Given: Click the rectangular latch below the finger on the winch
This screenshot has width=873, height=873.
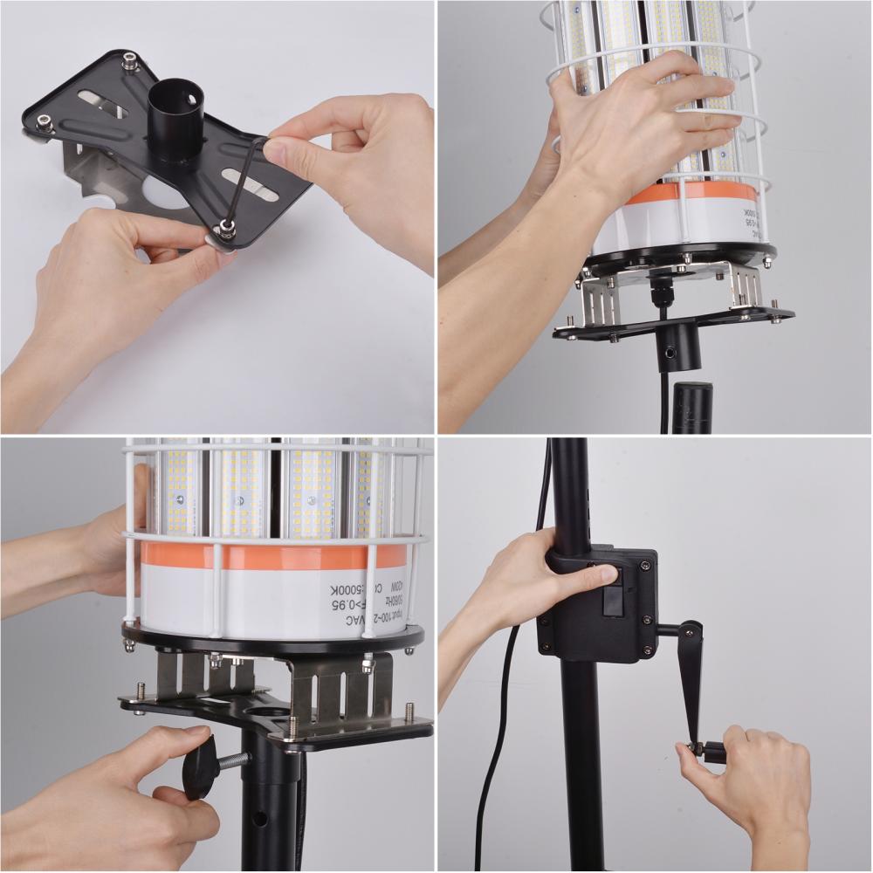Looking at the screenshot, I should tap(613, 600).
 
